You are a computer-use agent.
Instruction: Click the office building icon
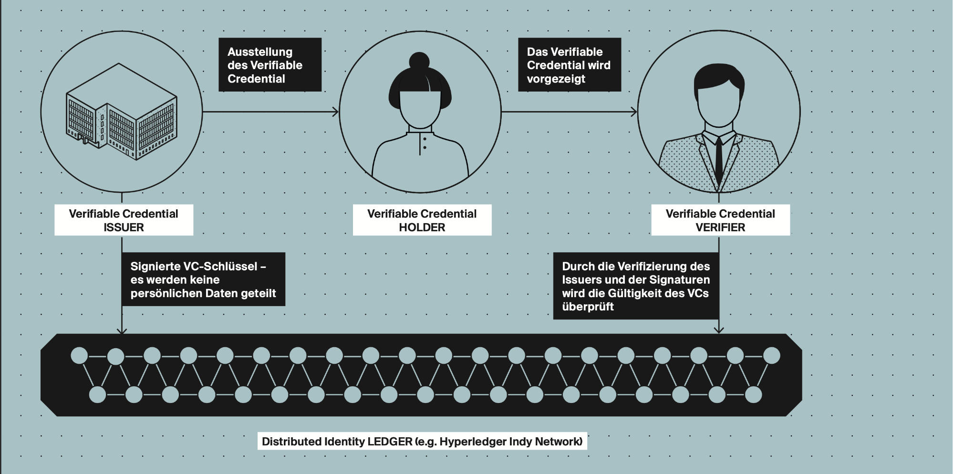121,113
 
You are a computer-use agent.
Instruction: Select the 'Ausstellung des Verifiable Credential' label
270,65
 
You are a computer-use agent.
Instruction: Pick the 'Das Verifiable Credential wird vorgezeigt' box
569,65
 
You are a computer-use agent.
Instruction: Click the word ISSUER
124,227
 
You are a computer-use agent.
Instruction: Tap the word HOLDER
422,227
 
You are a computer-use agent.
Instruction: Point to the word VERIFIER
720,227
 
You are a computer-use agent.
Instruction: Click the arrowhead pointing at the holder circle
336,112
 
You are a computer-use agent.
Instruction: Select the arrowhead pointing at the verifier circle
634,112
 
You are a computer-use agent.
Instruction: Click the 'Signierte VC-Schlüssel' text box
203,279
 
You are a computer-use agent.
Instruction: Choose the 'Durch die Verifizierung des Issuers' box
635,286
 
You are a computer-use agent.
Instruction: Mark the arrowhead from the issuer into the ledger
122,330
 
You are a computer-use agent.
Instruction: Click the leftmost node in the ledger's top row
79,356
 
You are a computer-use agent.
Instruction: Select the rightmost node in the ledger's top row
771,356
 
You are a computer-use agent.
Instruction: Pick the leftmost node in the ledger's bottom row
97,395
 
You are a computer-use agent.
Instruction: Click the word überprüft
588,307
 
